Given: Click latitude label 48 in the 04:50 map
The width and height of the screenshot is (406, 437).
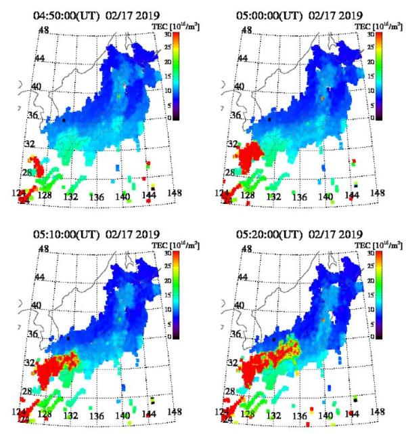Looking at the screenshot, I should pos(45,31).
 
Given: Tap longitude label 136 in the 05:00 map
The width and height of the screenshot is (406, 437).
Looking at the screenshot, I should pos(298,197).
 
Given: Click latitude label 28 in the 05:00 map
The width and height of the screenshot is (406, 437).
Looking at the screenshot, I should pos(230,173).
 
